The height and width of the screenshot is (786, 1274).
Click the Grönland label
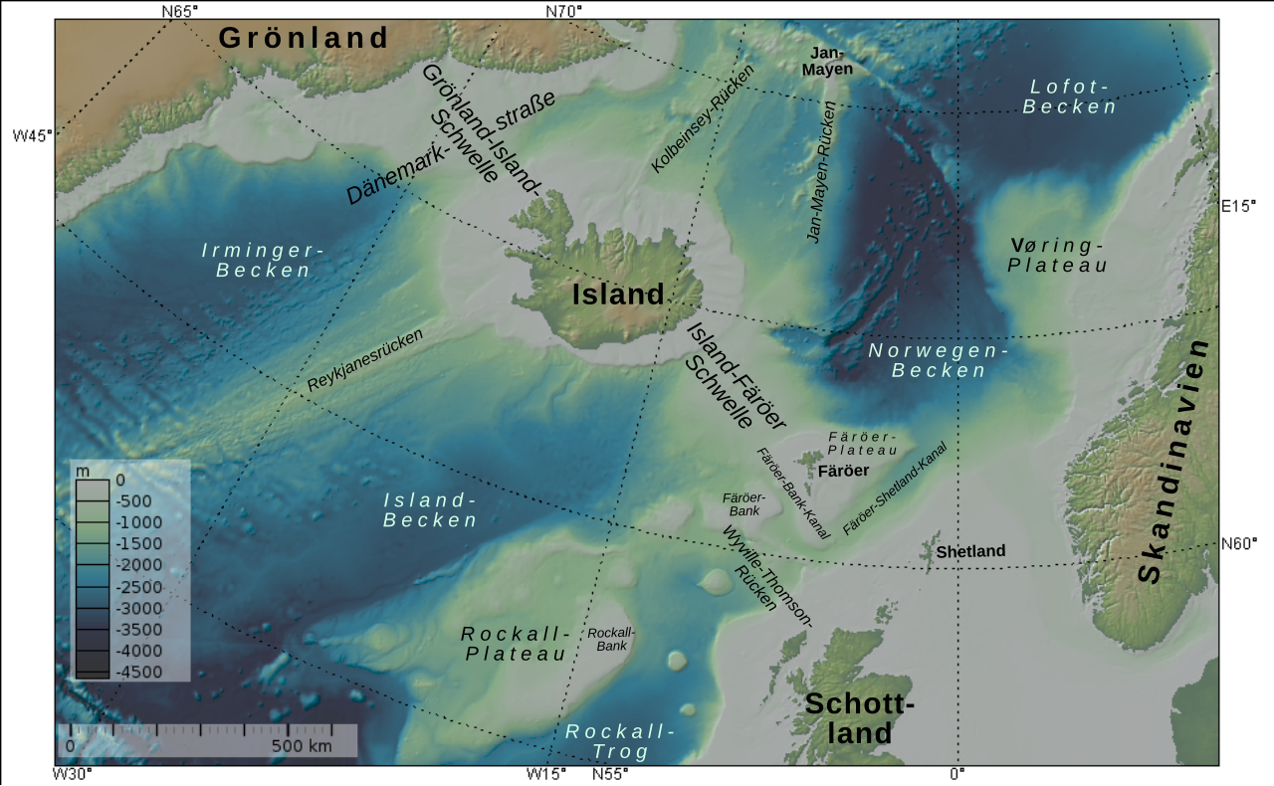click(x=304, y=38)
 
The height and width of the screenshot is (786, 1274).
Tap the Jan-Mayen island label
click(x=828, y=61)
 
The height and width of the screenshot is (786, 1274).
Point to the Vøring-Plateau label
click(x=1057, y=255)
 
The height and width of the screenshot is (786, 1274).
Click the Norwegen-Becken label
click(x=939, y=360)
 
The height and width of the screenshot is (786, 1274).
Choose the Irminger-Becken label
click(x=263, y=260)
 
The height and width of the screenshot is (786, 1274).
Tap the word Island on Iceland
click(x=617, y=295)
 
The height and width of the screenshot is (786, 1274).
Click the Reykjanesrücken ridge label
click(x=364, y=360)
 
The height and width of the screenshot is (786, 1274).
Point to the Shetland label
click(x=970, y=551)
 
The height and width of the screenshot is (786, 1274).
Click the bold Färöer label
click(x=843, y=471)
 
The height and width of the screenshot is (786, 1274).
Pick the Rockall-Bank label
click(x=611, y=639)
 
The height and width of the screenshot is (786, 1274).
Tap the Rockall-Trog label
click(x=620, y=741)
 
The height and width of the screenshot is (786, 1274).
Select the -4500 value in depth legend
click(x=139, y=672)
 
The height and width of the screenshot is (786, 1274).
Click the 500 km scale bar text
click(x=302, y=746)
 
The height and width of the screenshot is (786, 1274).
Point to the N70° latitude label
click(x=563, y=12)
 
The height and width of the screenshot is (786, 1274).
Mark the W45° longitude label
click(x=32, y=135)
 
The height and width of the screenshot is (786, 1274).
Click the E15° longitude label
click(x=1239, y=207)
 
